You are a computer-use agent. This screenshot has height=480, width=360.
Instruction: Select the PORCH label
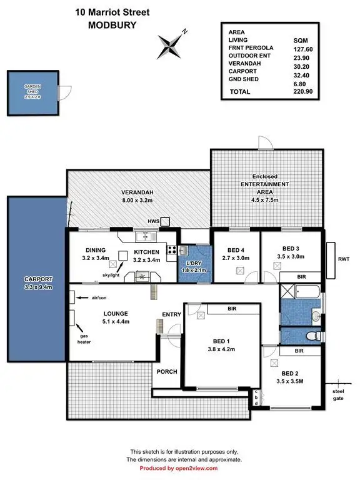coord(167,371)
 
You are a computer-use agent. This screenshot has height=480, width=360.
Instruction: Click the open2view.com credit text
coord(178,467)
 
